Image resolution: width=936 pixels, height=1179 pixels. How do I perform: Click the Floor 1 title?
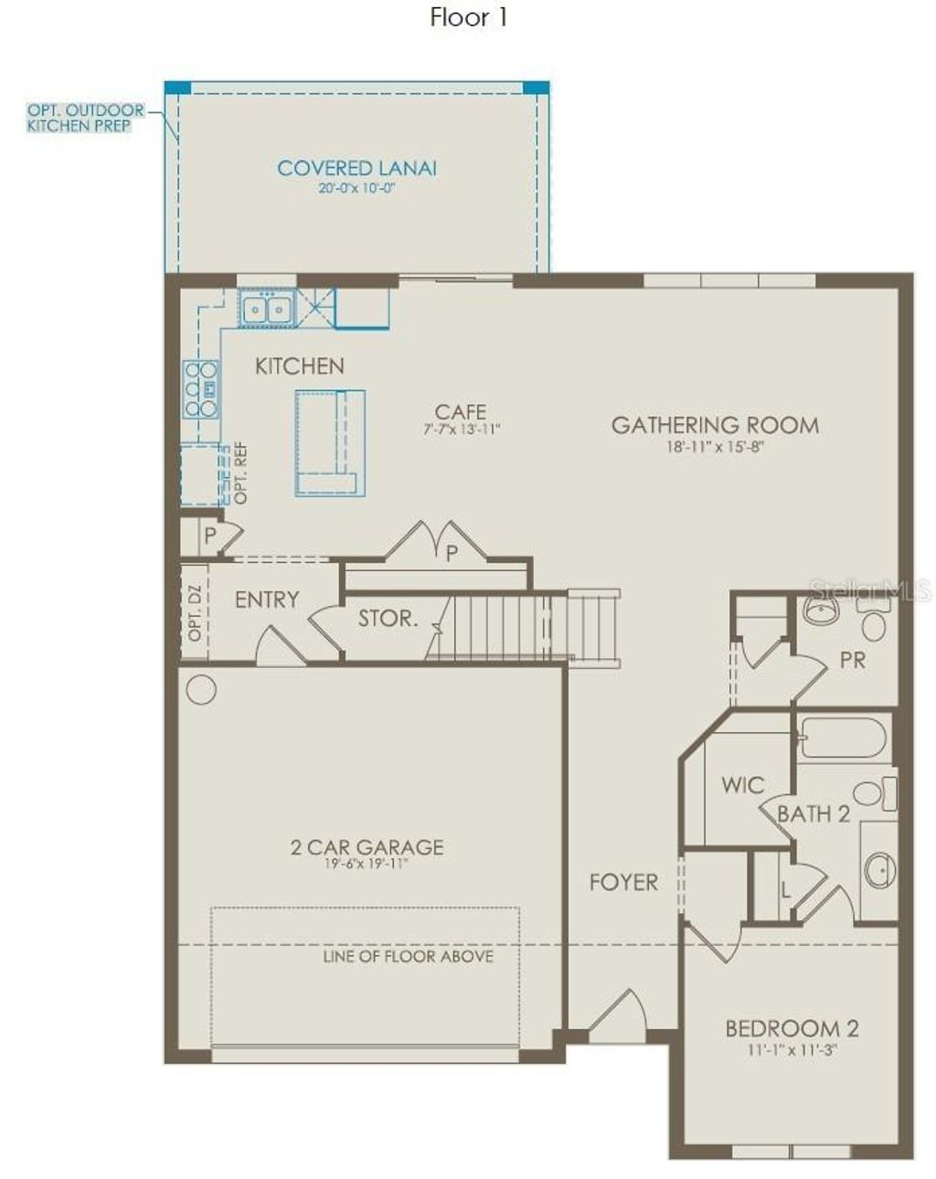(x=468, y=17)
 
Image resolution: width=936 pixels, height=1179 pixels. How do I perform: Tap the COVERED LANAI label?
(x=356, y=168)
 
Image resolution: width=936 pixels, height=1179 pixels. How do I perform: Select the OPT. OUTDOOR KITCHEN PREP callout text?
(x=85, y=118)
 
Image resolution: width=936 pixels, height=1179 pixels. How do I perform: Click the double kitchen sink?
(x=265, y=308)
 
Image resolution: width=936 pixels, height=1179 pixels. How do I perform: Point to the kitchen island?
(x=330, y=443)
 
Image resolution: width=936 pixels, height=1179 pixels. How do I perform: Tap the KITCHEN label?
(x=299, y=366)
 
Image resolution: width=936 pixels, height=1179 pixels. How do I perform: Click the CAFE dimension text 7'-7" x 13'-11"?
(x=462, y=429)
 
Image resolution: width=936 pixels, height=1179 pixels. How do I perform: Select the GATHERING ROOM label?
(x=715, y=425)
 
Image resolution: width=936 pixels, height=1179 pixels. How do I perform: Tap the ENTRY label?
(x=267, y=600)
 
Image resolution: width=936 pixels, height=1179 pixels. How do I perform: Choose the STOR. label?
(x=388, y=619)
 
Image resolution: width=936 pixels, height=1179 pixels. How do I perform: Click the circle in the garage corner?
(x=201, y=689)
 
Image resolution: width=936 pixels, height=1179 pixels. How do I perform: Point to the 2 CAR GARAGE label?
(x=367, y=847)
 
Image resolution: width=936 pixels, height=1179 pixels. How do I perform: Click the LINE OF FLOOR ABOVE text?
(x=408, y=957)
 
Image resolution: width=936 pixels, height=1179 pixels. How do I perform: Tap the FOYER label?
(x=622, y=882)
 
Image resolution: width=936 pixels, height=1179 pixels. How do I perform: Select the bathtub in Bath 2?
(x=842, y=738)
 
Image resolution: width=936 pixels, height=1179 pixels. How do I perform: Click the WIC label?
(x=742, y=785)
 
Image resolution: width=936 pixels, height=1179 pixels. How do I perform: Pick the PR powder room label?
(x=852, y=659)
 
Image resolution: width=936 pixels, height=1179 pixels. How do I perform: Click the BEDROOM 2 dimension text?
(x=792, y=1051)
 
